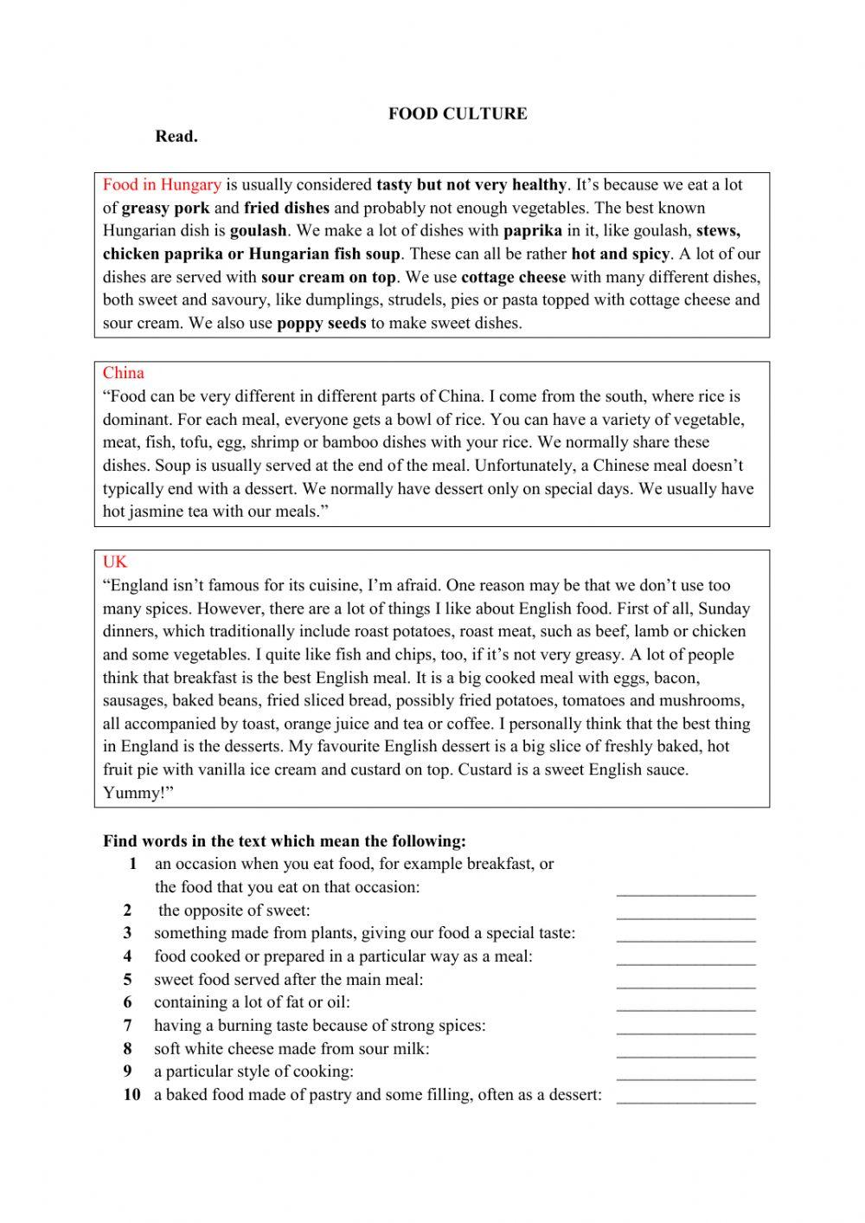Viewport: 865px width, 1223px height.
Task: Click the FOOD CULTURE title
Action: (457, 113)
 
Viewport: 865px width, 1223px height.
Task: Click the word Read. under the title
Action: (176, 136)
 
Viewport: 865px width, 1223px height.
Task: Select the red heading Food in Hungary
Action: (162, 184)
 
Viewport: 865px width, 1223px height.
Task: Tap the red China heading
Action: (124, 373)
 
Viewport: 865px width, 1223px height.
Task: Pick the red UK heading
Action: (115, 562)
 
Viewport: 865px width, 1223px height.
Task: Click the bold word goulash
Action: (258, 231)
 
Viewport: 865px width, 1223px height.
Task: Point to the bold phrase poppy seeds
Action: (321, 324)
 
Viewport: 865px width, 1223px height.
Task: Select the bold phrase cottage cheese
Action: (513, 277)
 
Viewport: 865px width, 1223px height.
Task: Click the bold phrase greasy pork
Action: (165, 208)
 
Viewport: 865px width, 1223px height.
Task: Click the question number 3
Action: (127, 933)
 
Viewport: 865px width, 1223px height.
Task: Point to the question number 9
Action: (127, 1072)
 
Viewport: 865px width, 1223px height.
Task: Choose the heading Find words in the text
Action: (285, 840)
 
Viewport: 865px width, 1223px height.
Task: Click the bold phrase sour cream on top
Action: (328, 277)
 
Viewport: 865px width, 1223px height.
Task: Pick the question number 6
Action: (127, 1002)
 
